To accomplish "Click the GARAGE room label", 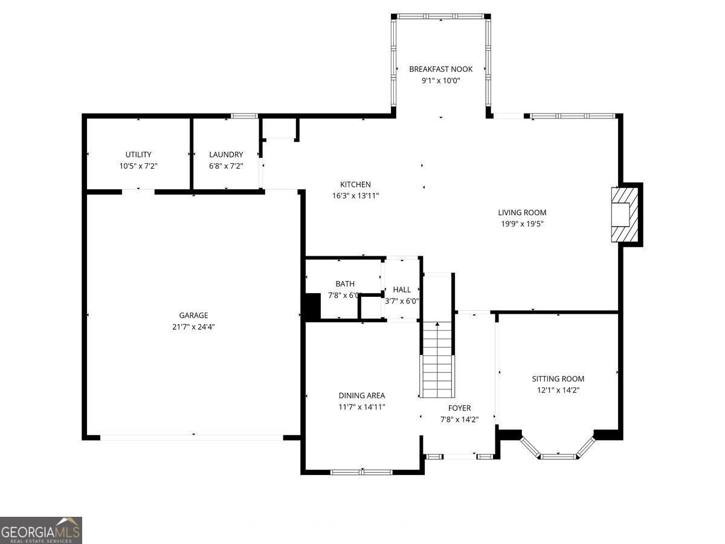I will (193, 315).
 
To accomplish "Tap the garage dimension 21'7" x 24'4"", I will (193, 326).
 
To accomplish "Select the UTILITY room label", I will (138, 154).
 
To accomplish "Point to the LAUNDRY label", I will (226, 154).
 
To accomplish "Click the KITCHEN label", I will (355, 184).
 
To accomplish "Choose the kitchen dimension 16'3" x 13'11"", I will (355, 195).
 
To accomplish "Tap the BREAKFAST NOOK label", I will (440, 69).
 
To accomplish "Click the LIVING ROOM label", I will (522, 212).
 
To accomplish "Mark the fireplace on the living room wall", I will (625, 214).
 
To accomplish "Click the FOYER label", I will (459, 408).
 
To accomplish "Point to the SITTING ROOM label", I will (558, 379).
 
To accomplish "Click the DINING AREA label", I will (361, 395).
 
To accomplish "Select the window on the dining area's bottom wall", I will (361, 471).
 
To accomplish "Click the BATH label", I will (345, 283).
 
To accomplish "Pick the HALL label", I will (402, 290).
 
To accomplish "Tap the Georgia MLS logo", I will (41, 530).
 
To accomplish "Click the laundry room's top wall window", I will (245, 115).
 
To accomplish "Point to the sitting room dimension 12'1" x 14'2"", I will (558, 390).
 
